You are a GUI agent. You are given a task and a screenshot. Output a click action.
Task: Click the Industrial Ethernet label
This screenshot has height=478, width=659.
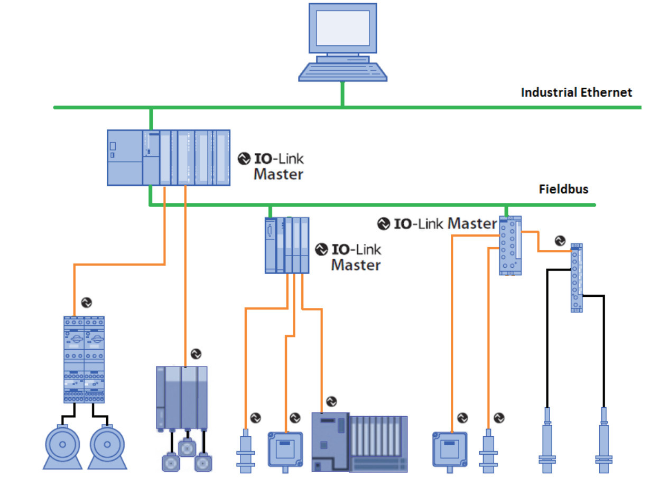576,92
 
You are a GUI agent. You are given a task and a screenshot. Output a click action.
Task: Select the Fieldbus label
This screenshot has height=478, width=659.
563,189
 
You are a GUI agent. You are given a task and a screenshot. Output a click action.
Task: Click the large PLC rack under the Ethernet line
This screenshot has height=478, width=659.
169,157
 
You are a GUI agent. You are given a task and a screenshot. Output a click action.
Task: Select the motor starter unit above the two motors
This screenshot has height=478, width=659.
84,359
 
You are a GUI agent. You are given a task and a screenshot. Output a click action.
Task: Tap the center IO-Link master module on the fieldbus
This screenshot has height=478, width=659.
286,245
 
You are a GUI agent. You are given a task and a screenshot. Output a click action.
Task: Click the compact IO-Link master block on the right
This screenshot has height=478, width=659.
510,246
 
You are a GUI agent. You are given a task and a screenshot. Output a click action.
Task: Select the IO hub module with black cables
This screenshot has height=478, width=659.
577,278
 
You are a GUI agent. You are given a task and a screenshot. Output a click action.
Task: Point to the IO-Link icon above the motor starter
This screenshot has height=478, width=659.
87,303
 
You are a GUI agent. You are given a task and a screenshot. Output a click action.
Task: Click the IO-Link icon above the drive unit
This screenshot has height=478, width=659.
196,353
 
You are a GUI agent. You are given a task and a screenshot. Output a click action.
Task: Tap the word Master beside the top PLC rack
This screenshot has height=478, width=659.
278,174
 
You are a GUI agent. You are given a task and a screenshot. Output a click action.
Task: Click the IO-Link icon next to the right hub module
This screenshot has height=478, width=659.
560,241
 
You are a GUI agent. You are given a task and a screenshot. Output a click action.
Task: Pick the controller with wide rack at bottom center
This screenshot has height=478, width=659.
359,443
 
